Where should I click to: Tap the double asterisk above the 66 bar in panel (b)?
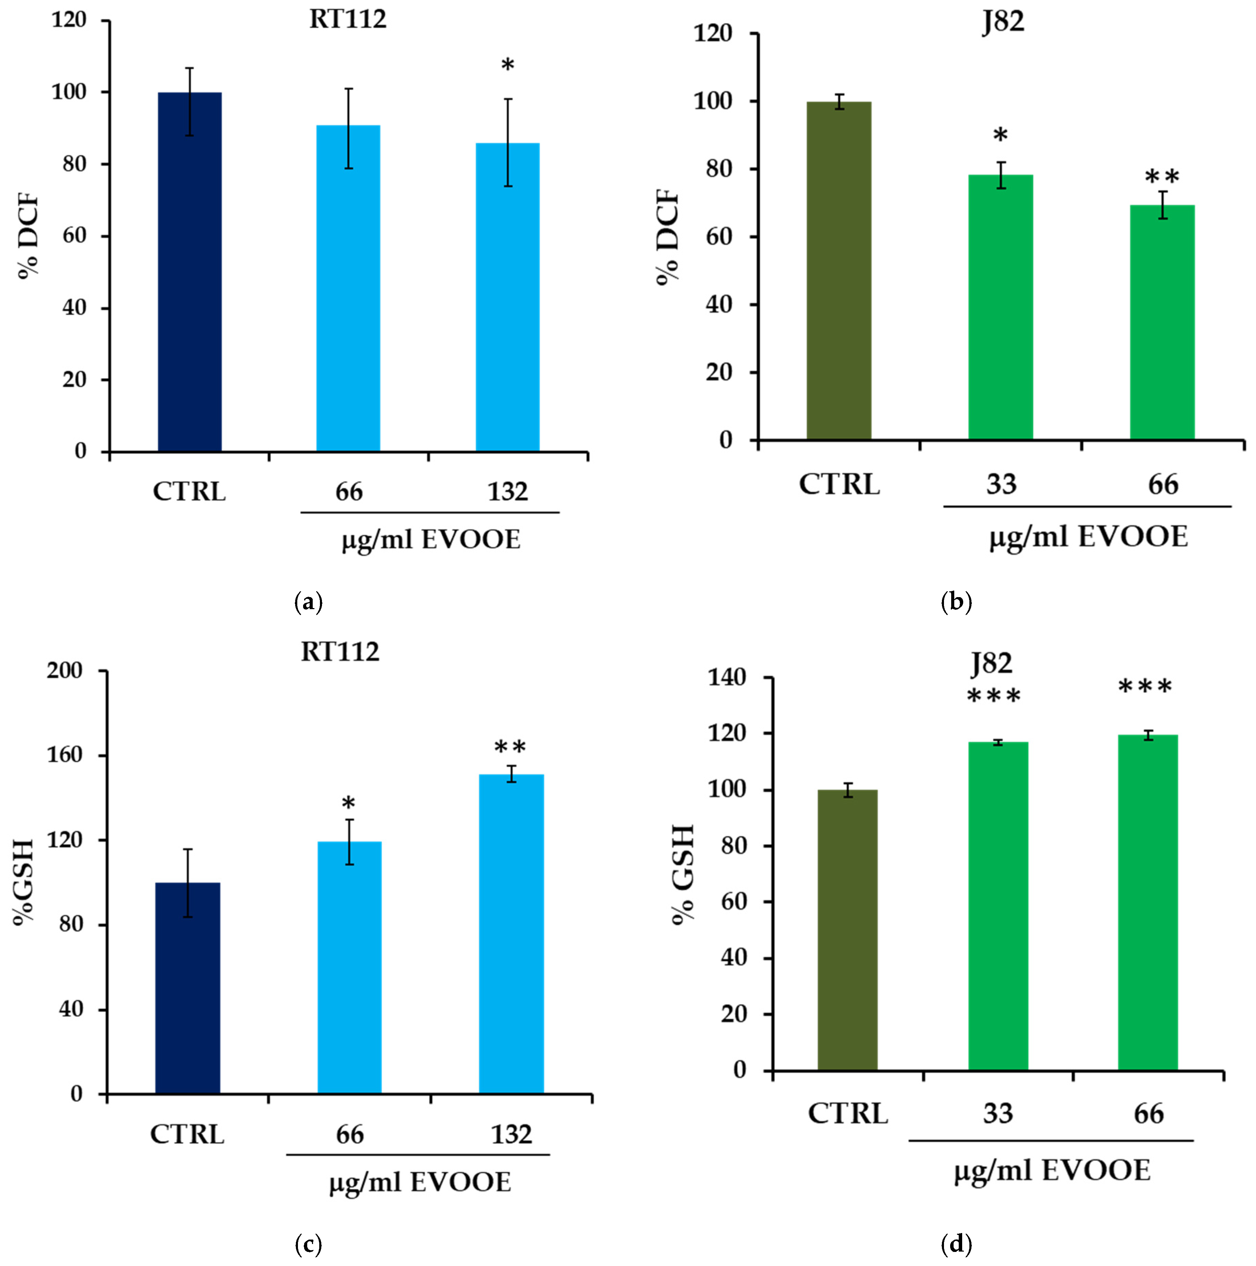pyautogui.click(x=1162, y=177)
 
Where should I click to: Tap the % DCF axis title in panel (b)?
pyautogui.click(x=668, y=237)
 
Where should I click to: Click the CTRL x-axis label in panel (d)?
pyautogui.click(x=847, y=1113)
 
